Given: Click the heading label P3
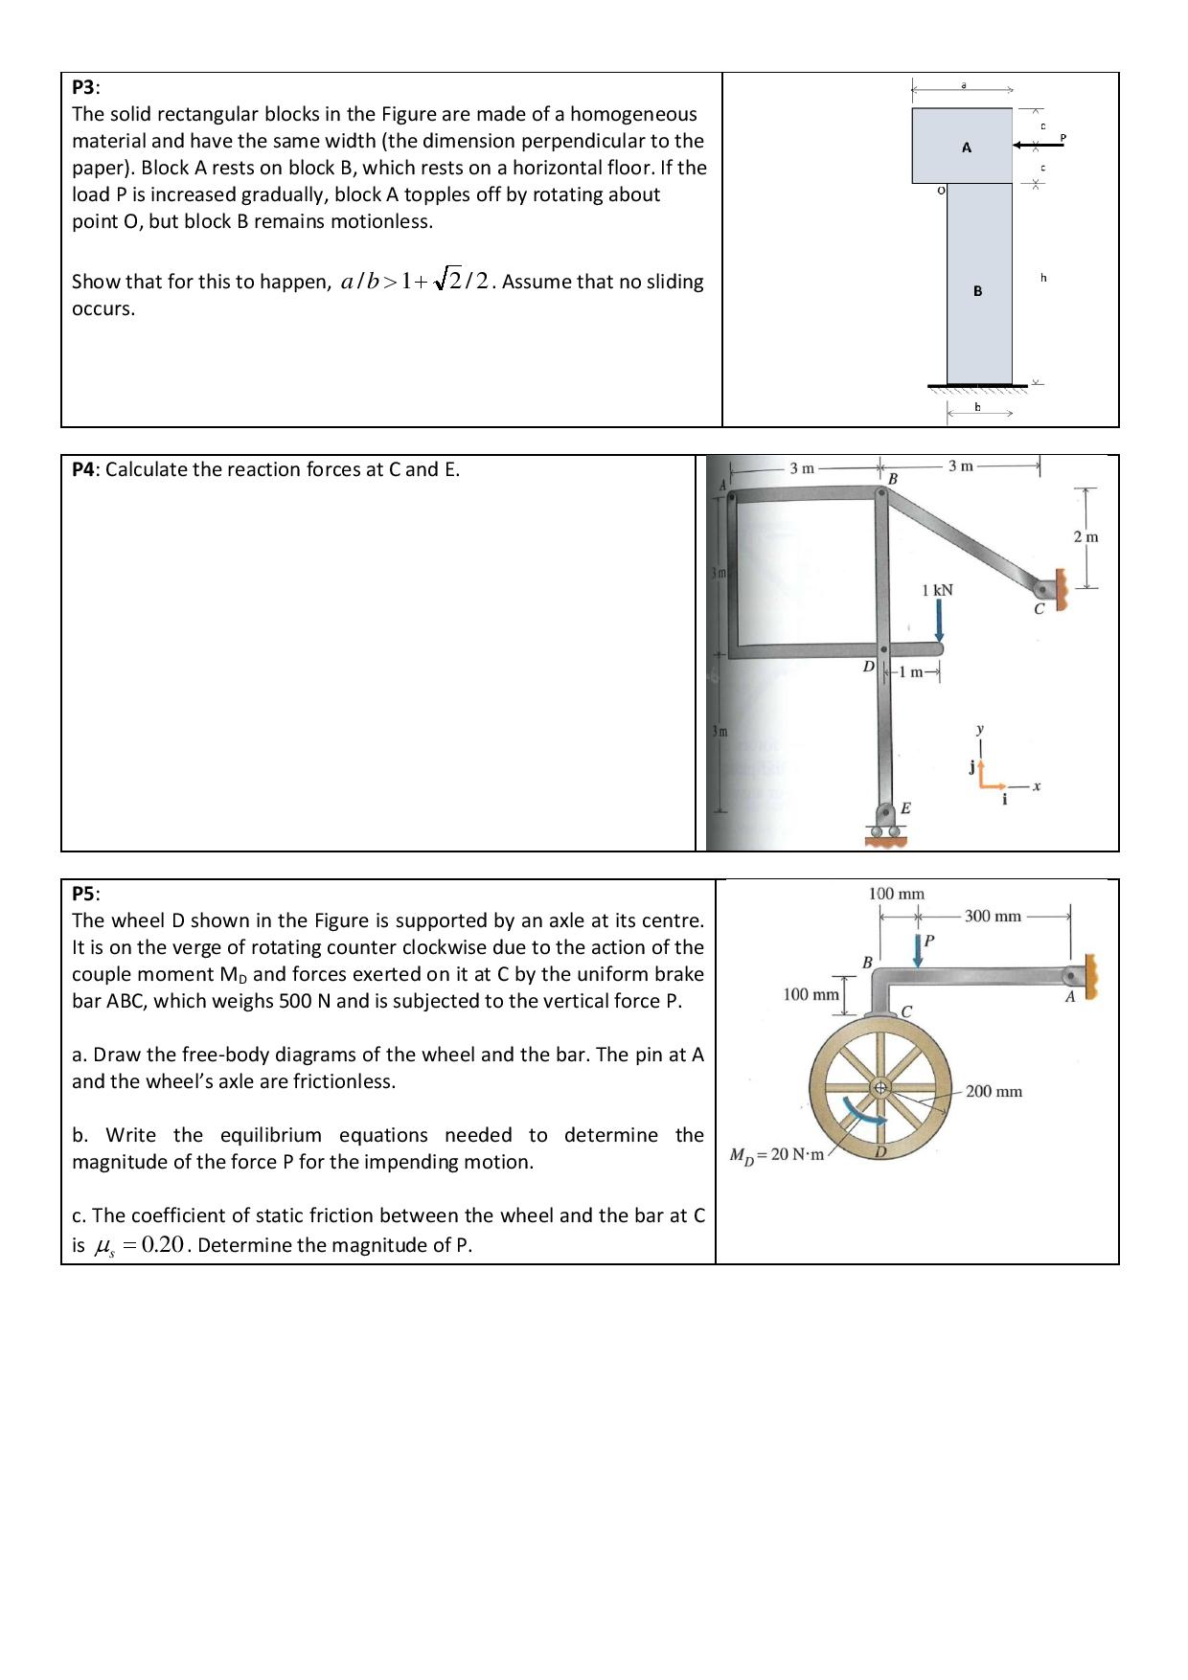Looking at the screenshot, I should tap(84, 87).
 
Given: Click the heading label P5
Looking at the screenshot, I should tap(84, 894).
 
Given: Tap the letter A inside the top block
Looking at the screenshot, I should tap(966, 148).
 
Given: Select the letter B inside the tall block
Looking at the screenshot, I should tap(977, 291).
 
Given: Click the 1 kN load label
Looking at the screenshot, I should tap(937, 590).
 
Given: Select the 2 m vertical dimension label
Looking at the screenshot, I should tap(1085, 536).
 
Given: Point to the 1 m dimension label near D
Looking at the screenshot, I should tap(915, 671).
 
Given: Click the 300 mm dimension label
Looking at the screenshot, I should tap(993, 917).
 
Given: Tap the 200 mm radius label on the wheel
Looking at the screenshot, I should tap(994, 1091).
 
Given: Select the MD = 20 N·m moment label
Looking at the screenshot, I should tap(777, 1154).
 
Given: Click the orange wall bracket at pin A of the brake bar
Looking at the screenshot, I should tap(1089, 975).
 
